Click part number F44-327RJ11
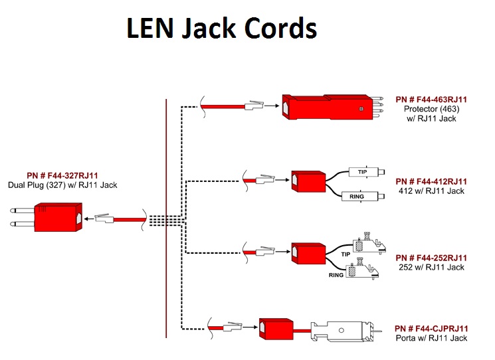click(62, 175)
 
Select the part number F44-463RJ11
click(431, 100)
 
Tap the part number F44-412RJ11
click(431, 181)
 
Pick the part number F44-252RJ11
click(431, 258)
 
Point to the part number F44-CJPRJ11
click(431, 329)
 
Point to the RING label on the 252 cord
click(336, 274)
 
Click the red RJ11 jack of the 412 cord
click(305, 181)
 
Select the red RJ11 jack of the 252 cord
click(305, 253)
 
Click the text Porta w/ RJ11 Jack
click(431, 338)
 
